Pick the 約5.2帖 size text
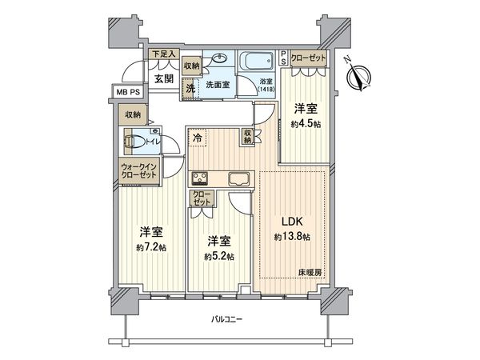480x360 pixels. [x=218, y=256]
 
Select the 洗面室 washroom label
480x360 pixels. [x=218, y=83]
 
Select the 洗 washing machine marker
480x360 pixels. [x=190, y=88]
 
